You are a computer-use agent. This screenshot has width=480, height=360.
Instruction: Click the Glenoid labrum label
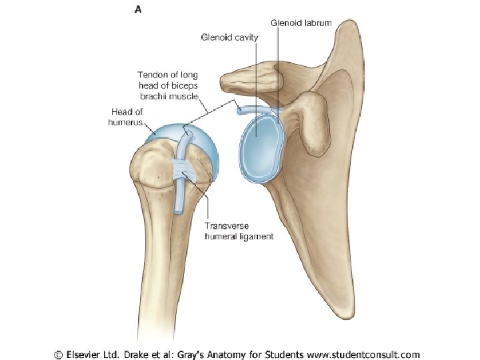[301, 23]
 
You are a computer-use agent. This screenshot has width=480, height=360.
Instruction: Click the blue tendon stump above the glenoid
[246, 109]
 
